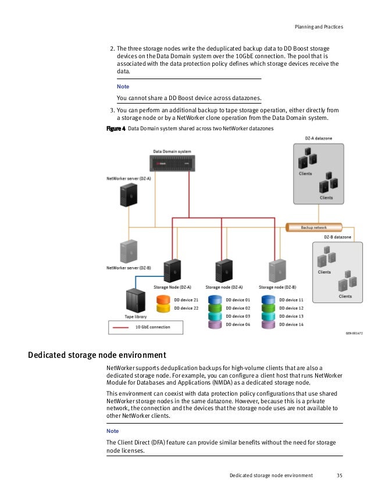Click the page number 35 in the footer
pos(340,475)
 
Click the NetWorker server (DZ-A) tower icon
pos(127,196)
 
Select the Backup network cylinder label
pos(314,227)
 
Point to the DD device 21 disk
pos(163,300)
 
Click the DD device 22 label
pos(187,308)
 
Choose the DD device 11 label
pos(292,300)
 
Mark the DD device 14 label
pos(292,324)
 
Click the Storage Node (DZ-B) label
pos(277,287)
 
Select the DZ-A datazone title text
pos(319,139)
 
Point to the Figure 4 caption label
pos(115,128)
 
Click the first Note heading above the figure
pos(123,86)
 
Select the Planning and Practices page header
pos(319,27)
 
